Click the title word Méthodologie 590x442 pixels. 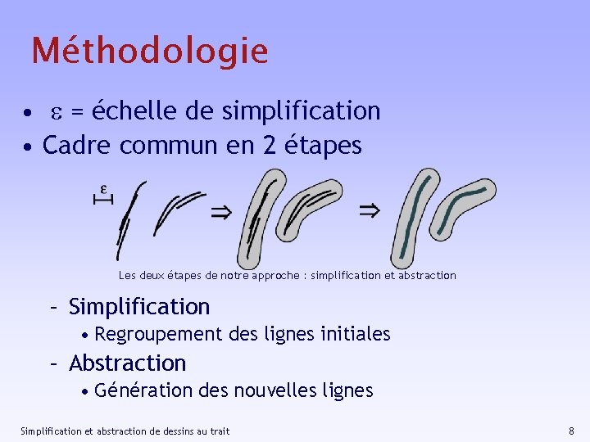[x=150, y=51]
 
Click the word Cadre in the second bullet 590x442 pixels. [x=77, y=146]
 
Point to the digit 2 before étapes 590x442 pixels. [x=270, y=146]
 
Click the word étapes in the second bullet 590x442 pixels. [x=323, y=147]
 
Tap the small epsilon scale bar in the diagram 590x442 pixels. [x=103, y=195]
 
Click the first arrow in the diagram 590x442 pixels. [x=221, y=213]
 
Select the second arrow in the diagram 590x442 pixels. [x=370, y=211]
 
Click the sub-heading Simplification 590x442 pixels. [x=139, y=307]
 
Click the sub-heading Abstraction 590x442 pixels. [x=128, y=363]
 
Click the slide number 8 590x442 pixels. [x=571, y=431]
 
